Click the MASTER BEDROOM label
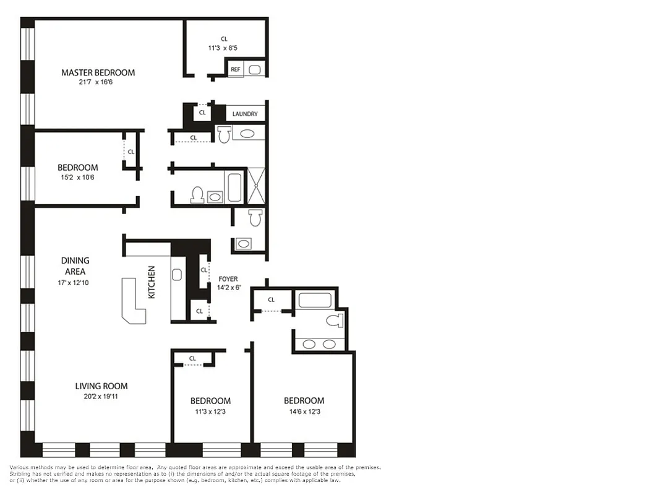tap(98, 72)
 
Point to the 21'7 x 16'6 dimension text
tap(98, 82)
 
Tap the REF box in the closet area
tap(235, 69)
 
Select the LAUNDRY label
tap(245, 114)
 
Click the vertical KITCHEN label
tap(152, 282)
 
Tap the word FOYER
tap(228, 279)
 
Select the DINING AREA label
tap(75, 266)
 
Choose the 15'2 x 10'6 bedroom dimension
tap(77, 178)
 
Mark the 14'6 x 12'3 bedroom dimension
tap(304, 411)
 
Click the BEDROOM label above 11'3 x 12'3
tap(210, 401)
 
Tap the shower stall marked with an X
tap(256, 186)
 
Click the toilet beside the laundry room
tap(224, 133)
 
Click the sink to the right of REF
tap(255, 69)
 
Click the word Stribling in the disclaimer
tap(22, 474)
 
